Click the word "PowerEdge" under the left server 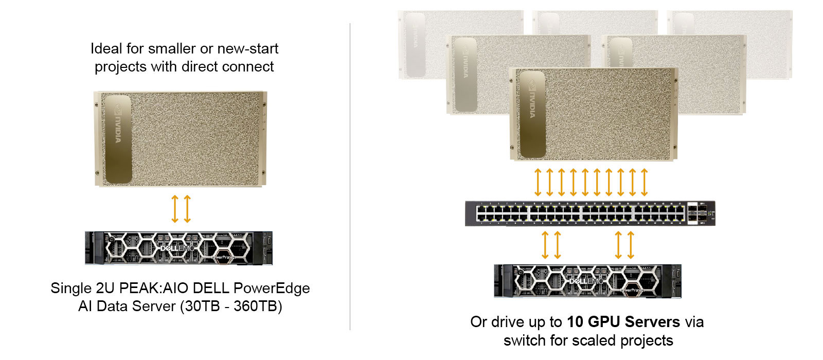[x=272, y=288]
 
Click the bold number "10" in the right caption [x=576, y=322]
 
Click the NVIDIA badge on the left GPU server [x=118, y=139]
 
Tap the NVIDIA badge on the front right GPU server [x=532, y=115]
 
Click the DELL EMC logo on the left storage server [x=177, y=248]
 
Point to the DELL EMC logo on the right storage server [x=586, y=281]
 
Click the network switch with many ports [x=590, y=213]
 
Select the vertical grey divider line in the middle [x=350, y=176]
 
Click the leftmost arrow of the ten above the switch [x=538, y=182]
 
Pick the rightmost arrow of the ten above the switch [x=645, y=182]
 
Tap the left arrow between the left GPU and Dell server [x=175, y=209]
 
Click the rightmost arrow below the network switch [x=631, y=245]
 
